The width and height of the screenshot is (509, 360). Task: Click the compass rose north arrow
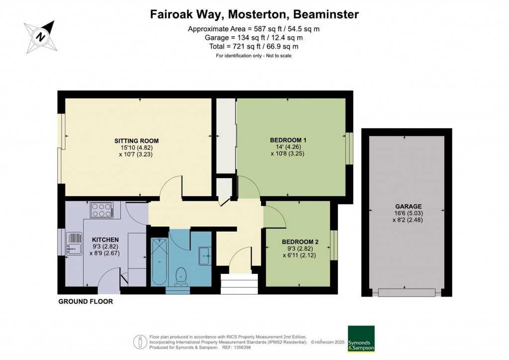[41, 36]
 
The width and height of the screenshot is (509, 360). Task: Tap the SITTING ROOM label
[136, 141]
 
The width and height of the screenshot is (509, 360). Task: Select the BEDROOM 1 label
[288, 140]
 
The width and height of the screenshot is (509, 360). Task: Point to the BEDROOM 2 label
[300, 242]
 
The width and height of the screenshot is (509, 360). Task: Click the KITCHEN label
[105, 240]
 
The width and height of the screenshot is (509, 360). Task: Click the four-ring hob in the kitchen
[102, 209]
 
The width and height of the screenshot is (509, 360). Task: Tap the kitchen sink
[75, 244]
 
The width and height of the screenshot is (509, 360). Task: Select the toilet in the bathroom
[180, 277]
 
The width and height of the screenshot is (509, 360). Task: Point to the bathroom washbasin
[205, 256]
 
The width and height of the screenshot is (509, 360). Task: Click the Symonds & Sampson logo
[361, 339]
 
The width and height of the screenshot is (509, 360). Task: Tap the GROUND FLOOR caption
[85, 301]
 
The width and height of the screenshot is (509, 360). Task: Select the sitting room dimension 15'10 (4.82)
[136, 148]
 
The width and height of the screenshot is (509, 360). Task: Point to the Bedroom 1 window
[349, 148]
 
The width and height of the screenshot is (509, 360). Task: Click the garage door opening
[406, 293]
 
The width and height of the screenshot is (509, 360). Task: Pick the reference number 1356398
[242, 348]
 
